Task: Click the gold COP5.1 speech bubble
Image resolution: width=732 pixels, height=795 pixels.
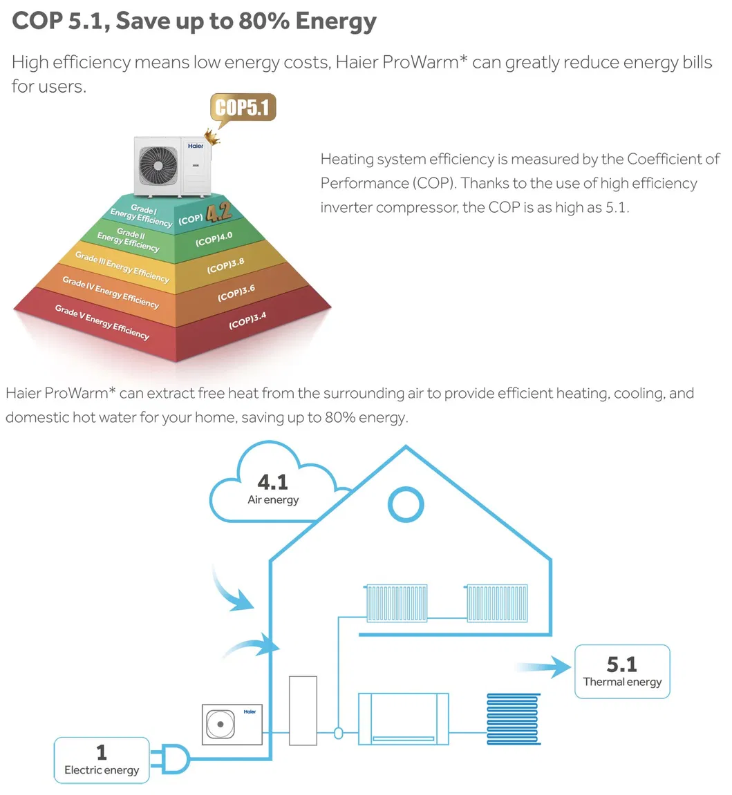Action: point(243,108)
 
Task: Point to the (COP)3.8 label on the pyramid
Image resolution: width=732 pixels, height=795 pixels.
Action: point(225,265)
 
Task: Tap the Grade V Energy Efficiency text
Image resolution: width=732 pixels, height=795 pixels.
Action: point(102,322)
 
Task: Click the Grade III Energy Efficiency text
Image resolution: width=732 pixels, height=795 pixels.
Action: point(122,267)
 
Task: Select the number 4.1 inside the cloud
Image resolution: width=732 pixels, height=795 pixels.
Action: point(272,481)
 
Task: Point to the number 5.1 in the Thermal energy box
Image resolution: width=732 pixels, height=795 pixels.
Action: point(621,664)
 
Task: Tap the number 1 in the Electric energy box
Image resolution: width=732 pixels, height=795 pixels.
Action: point(102,751)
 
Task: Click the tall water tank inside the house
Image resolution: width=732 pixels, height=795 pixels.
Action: point(302,711)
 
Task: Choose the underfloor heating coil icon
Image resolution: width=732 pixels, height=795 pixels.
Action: point(514,718)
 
